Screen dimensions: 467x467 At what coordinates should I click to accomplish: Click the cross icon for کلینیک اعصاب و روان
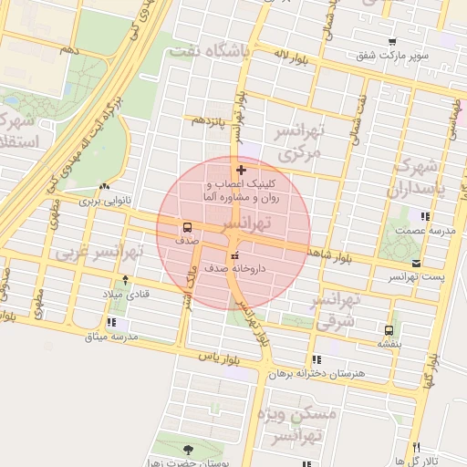coord(241,170)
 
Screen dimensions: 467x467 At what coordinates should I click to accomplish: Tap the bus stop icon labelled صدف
coord(187,227)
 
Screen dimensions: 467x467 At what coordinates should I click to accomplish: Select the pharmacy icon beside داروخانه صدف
coord(236,254)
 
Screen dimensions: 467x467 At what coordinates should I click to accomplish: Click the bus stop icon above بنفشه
coord(389,329)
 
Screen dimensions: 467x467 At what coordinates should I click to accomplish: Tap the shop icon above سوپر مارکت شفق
coord(392,42)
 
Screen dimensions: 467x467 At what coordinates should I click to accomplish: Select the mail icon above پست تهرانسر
coord(416,263)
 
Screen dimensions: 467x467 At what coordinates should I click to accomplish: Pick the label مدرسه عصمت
coord(425,232)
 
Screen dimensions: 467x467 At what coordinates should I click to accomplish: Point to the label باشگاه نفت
coord(208,51)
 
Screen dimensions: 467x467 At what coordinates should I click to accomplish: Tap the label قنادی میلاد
coord(124,294)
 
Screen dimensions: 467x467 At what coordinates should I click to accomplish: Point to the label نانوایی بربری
coord(104,199)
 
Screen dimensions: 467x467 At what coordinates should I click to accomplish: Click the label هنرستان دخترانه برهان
coord(317,374)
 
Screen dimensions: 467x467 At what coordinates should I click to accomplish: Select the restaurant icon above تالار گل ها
coord(416,448)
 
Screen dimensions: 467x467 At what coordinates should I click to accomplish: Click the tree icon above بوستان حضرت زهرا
coord(188,450)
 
